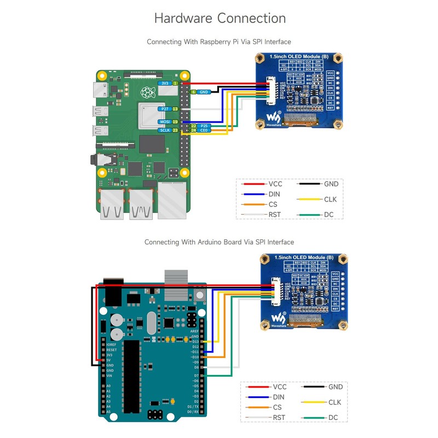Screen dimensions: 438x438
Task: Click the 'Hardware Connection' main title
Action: pyautogui.click(x=220, y=18)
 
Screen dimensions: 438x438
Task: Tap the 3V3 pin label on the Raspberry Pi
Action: pyautogui.click(x=164, y=83)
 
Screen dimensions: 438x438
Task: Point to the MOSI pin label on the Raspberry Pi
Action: pyautogui.click(x=164, y=122)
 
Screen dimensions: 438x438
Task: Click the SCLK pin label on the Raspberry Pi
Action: pyautogui.click(x=164, y=131)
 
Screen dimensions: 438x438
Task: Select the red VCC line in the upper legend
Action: pyautogui.click(x=253, y=185)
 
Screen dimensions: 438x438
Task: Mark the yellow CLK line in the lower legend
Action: pyautogui.click(x=314, y=402)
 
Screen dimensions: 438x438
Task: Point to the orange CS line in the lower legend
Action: pyautogui.click(x=258, y=407)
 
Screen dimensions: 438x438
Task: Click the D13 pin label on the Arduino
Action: pyautogui.click(x=195, y=342)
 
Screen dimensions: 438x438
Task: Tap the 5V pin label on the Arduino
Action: pyautogui.click(x=109, y=360)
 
